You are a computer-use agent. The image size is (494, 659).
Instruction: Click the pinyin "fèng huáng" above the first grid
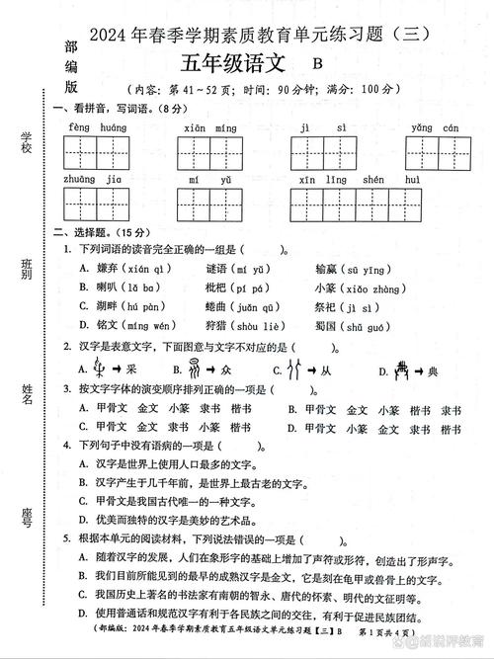(x=98, y=128)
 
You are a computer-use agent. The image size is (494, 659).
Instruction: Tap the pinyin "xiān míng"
(x=210, y=128)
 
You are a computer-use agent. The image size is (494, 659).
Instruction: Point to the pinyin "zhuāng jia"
(x=92, y=180)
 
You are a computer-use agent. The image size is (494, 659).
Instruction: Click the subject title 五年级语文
(x=232, y=63)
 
